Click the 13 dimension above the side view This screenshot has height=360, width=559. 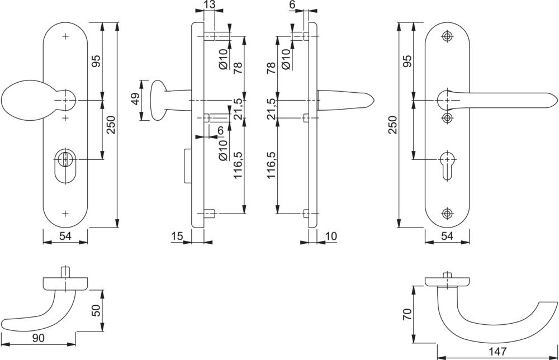pyautogui.click(x=209, y=5)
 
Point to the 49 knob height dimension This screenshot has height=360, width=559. pyautogui.click(x=134, y=100)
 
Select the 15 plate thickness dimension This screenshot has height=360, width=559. pyautogui.click(x=177, y=236)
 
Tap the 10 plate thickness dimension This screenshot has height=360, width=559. pyautogui.click(x=330, y=236)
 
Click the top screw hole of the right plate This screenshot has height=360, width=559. pyautogui.click(x=447, y=36)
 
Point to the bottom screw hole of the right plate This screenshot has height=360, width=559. pyautogui.click(x=447, y=214)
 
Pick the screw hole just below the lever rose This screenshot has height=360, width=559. pyautogui.click(x=447, y=117)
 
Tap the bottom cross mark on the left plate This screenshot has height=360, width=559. pyautogui.click(x=66, y=214)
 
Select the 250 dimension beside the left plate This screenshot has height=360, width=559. pyautogui.click(x=111, y=125)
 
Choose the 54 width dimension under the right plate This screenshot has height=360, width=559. pyautogui.click(x=447, y=236)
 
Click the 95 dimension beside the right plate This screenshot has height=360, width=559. pyautogui.click(x=407, y=60)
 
